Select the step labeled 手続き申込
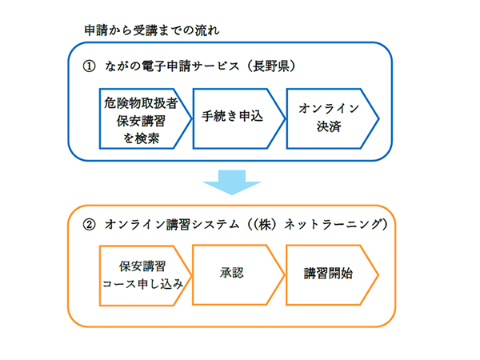(235, 115)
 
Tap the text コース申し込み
(143, 284)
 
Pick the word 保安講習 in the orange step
(143, 265)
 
